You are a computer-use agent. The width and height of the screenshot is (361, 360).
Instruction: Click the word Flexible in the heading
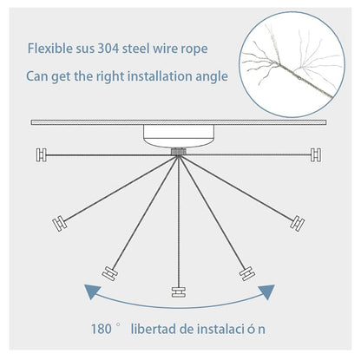50,49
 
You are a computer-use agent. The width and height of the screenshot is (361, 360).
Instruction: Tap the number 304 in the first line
108,49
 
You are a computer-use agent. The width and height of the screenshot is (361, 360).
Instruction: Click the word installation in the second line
160,76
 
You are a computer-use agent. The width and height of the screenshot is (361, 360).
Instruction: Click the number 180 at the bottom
102,329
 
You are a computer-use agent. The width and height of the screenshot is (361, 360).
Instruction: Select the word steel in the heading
136,49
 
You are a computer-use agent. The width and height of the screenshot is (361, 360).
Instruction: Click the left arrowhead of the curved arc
92,291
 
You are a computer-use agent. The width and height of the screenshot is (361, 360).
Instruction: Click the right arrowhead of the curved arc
266,291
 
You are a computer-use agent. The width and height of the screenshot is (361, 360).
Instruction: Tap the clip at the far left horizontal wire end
42,155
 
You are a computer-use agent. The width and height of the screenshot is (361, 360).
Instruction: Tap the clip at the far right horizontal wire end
316,154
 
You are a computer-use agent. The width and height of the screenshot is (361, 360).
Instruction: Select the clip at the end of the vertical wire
179,292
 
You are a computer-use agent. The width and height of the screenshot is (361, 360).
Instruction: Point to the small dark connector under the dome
179,152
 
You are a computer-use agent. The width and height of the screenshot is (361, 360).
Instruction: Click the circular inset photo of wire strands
292,64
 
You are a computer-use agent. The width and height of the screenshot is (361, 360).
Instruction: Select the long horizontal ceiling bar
179,122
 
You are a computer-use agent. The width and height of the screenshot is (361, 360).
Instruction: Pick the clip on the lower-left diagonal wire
110,273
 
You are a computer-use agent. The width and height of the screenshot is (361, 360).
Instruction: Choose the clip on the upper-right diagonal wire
298,224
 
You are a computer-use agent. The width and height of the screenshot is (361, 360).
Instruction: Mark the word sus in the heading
85,49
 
